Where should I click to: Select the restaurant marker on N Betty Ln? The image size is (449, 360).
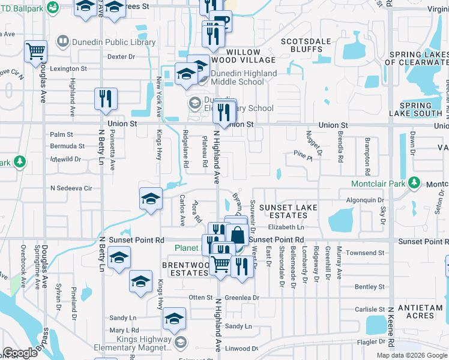click(x=106, y=98)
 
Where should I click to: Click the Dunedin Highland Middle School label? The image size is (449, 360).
click(x=244, y=77)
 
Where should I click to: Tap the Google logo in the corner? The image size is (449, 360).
click(x=20, y=353)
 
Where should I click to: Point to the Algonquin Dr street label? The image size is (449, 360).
click(x=365, y=200)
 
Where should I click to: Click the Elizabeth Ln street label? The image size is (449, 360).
click(x=286, y=227)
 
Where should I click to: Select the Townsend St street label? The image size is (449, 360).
click(x=365, y=253)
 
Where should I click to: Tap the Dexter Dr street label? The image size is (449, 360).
click(x=121, y=56)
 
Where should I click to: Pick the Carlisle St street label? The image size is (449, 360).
click(x=369, y=310)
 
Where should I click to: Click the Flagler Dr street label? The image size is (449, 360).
click(x=368, y=342)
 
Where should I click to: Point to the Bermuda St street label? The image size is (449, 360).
click(x=67, y=146)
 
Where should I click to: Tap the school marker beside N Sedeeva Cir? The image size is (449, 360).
click(x=151, y=199)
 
